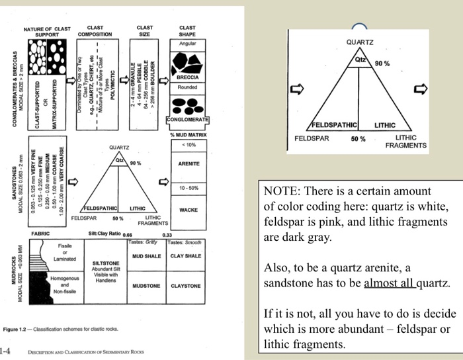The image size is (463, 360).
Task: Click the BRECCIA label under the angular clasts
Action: point(187,77)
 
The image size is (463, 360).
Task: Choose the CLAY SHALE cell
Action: point(185,255)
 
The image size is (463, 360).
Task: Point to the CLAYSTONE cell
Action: point(185,287)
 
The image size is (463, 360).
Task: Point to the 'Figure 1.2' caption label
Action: point(15,329)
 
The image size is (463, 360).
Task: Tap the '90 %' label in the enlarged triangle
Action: point(382,64)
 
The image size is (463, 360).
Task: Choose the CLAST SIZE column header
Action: point(145,31)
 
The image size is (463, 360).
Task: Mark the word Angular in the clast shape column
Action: point(187,43)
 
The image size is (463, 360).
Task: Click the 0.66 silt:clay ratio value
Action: point(128,234)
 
